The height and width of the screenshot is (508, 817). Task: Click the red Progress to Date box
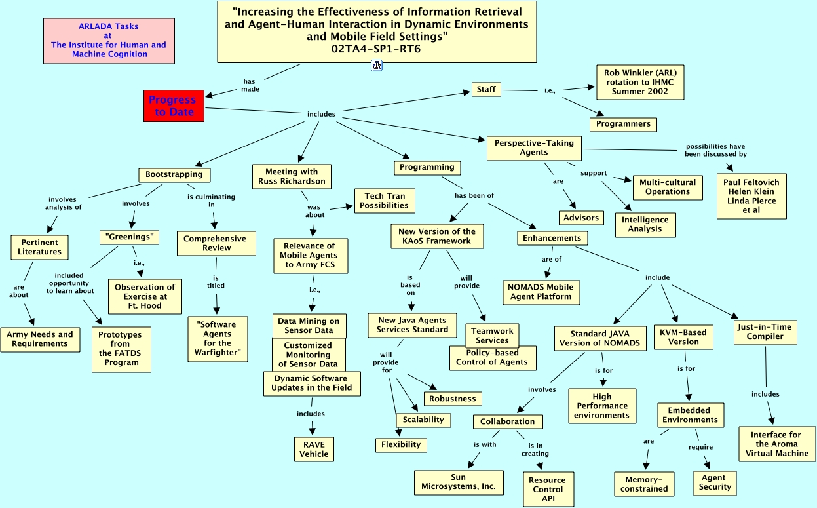(174, 106)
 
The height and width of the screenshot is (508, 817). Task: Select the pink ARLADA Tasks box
(109, 41)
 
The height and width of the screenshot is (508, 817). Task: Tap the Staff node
(486, 90)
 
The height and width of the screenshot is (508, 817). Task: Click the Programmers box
(623, 124)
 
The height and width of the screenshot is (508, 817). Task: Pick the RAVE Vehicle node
(314, 449)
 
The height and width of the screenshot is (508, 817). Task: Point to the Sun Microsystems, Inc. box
(459, 482)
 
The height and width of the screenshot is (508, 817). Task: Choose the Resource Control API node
(547, 489)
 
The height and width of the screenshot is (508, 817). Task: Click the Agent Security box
(715, 482)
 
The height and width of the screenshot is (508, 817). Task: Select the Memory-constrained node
(644, 484)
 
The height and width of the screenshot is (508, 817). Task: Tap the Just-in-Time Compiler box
(765, 332)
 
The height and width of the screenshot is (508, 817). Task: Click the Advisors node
(581, 218)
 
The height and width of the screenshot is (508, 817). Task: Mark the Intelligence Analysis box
(645, 225)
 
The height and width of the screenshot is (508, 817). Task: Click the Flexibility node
(401, 445)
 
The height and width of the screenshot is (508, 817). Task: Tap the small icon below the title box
(377, 65)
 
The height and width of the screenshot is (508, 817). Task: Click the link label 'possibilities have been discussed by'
(715, 150)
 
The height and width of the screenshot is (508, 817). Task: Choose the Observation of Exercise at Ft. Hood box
(145, 296)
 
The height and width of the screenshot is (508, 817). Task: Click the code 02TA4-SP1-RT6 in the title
(376, 48)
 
